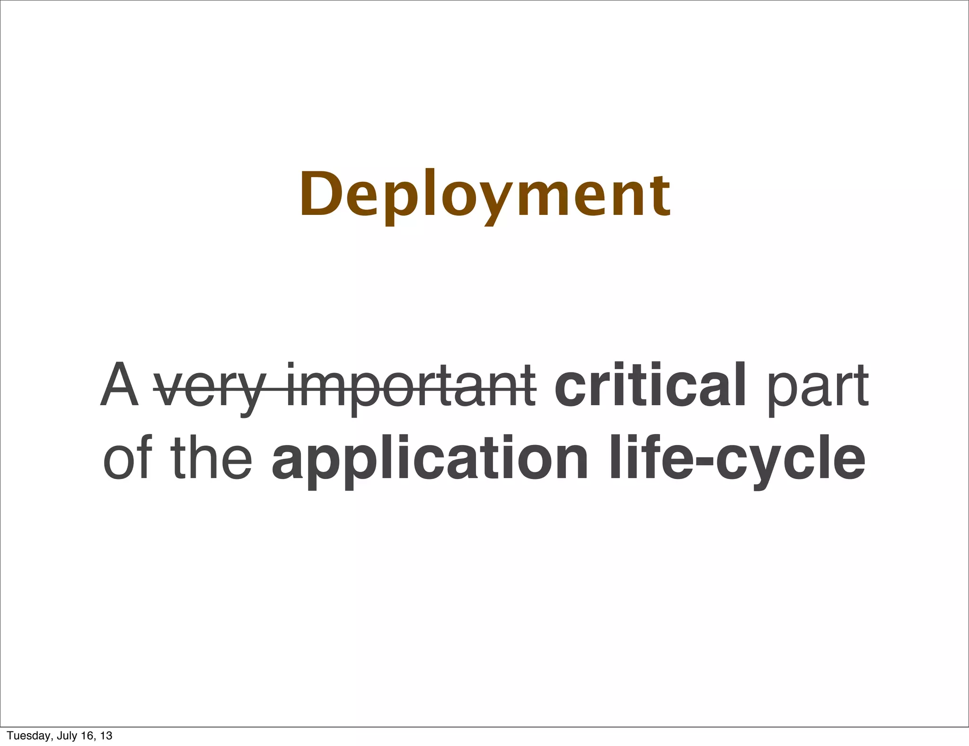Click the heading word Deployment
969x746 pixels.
coord(485,195)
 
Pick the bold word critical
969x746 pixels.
coord(650,384)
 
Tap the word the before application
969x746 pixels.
coord(211,457)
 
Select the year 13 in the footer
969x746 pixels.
coord(106,736)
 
